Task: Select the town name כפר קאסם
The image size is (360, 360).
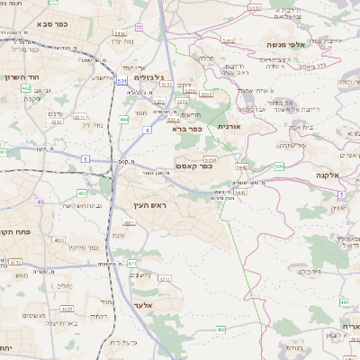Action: click(193, 166)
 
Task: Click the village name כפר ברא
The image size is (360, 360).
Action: click(187, 129)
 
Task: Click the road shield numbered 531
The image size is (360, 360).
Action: click(121, 81)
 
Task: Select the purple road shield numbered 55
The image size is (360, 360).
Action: click(139, 27)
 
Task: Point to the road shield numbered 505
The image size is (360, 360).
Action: click(280, 166)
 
